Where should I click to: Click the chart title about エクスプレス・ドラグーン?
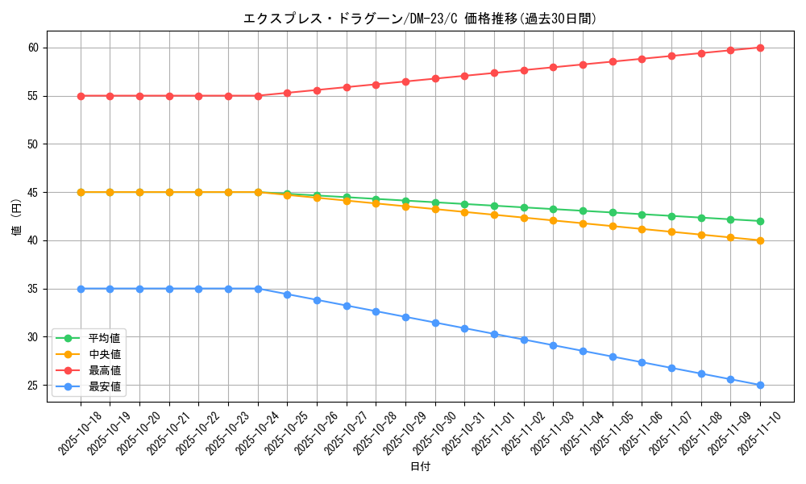click(x=420, y=19)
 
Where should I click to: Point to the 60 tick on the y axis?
click(x=33, y=48)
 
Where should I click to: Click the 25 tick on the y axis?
click(x=33, y=386)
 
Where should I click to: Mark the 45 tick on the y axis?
click(x=33, y=193)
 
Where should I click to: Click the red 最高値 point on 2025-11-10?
click(x=760, y=48)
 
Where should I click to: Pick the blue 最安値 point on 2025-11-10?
click(x=760, y=385)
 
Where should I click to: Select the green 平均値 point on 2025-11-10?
click(x=760, y=221)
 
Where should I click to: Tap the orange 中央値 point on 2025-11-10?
click(x=760, y=240)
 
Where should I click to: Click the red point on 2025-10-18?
click(x=81, y=96)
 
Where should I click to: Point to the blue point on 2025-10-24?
click(x=258, y=289)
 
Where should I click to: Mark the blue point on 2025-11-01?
click(x=494, y=334)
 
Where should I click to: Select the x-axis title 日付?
click(x=420, y=467)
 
